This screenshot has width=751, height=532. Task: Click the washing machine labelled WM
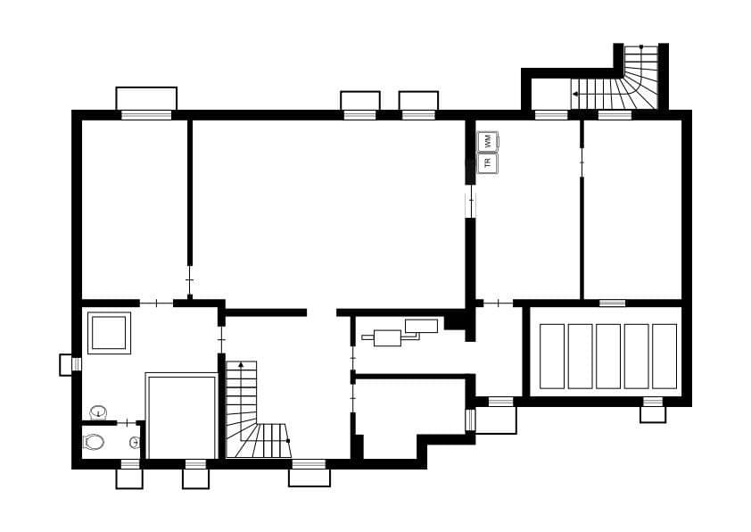coord(488,141)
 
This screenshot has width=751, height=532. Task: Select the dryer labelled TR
coord(488,163)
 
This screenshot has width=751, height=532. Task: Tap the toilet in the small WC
coord(94,442)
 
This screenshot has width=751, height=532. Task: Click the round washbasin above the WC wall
coord(98,412)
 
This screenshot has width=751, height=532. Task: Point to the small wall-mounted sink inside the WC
coord(134,442)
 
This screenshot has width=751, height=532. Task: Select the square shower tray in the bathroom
coord(110,332)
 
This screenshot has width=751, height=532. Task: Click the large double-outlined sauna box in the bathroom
coord(181,417)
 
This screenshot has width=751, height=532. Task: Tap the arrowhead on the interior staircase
coord(240,365)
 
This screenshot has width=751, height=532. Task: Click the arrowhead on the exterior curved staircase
coord(575,93)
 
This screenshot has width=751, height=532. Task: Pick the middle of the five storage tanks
coord(608,356)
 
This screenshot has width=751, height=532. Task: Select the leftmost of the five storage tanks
coord(552,356)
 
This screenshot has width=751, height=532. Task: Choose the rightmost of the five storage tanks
coord(664,356)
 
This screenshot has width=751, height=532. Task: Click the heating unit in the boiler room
coord(388,337)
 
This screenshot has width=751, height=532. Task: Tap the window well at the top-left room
coord(146,98)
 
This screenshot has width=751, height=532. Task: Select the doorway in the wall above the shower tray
coord(157,303)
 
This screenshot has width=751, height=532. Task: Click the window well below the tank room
coord(653,413)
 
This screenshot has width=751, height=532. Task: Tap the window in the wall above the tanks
coord(612,303)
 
